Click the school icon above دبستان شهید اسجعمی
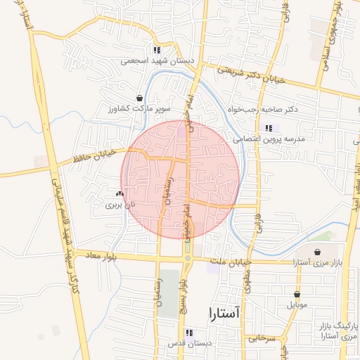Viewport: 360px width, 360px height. click(157, 50)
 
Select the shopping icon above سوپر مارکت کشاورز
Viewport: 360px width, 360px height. click(139, 98)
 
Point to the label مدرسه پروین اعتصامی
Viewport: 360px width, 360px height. click(271, 139)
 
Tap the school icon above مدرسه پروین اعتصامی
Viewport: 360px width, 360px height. click(269, 128)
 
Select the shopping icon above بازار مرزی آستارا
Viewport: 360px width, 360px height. click(318, 251)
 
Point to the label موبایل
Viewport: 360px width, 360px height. click(298, 306)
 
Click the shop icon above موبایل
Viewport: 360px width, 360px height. click(297, 295)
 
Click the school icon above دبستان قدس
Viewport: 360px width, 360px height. click(188, 333)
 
